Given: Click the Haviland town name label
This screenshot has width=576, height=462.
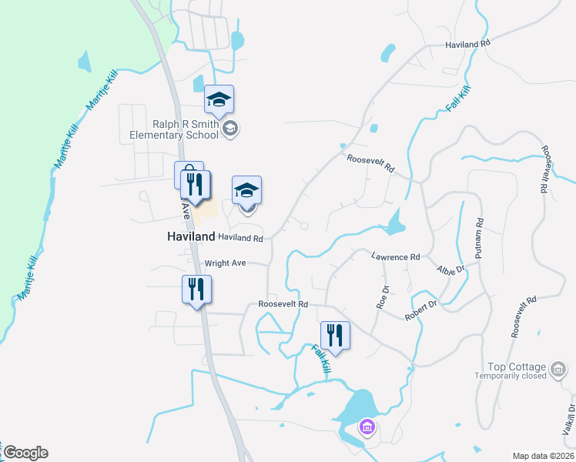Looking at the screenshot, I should tap(191, 237).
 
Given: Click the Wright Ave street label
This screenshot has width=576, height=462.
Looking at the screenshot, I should tap(225, 263).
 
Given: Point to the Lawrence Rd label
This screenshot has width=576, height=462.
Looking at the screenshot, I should tap(395, 256).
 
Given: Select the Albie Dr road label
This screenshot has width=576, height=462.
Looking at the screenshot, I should tap(450, 269).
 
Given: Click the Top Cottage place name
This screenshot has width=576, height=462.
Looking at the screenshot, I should tap(516, 367).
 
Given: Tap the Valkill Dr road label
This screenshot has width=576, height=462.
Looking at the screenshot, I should tap(569, 420).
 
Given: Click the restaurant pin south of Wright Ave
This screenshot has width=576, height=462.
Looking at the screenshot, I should tap(196, 290).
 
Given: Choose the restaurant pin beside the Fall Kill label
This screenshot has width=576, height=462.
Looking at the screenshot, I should tap(335, 335).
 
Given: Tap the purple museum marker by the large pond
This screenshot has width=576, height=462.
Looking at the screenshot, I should tap(367, 427).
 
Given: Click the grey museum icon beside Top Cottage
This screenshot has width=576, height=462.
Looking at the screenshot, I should tap(558, 372).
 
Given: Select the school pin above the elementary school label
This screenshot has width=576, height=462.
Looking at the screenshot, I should tap(219, 99).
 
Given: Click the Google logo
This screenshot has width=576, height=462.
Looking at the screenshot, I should tap(25, 453).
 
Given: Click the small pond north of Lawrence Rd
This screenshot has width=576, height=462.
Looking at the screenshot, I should tap(394, 224).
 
